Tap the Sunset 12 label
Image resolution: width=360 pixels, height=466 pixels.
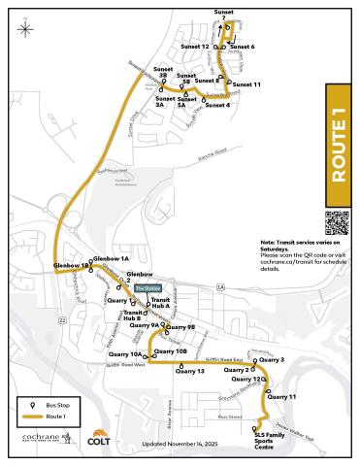point(195,47)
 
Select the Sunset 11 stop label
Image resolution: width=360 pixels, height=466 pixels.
point(246,84)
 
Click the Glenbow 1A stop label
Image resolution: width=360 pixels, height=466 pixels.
point(112,259)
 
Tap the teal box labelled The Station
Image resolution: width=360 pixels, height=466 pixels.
point(147,289)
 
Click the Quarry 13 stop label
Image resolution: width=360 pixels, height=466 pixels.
point(190,371)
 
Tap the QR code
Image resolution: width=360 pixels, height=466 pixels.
point(336,222)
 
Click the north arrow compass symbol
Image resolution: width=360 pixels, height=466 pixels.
point(23,25)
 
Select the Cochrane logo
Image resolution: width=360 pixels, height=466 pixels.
point(45,438)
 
